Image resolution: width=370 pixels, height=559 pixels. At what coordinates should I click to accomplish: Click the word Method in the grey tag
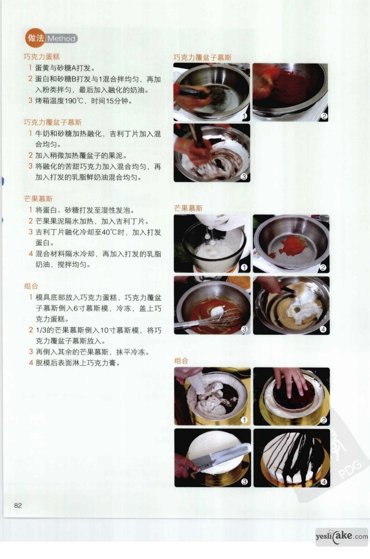[x=61, y=39]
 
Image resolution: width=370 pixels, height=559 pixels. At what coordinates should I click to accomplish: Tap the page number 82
[x=18, y=505]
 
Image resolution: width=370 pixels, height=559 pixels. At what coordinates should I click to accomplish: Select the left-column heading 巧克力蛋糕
[x=42, y=57]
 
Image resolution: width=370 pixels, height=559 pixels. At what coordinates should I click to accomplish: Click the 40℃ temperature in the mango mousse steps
[x=109, y=232]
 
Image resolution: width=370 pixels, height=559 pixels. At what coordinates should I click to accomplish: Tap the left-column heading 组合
[x=31, y=286]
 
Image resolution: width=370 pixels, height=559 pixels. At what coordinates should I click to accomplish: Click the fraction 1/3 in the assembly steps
[x=41, y=330]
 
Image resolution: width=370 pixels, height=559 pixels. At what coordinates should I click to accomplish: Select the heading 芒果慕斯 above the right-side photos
[x=188, y=208]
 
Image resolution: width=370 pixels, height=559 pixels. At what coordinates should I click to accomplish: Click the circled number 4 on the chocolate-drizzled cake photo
[x=324, y=482]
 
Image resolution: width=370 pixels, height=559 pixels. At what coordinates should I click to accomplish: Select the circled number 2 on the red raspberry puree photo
[x=324, y=116]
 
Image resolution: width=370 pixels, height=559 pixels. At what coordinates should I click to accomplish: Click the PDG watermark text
[x=351, y=470]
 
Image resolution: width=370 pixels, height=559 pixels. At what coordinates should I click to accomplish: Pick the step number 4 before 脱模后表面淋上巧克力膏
[x=31, y=362]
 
